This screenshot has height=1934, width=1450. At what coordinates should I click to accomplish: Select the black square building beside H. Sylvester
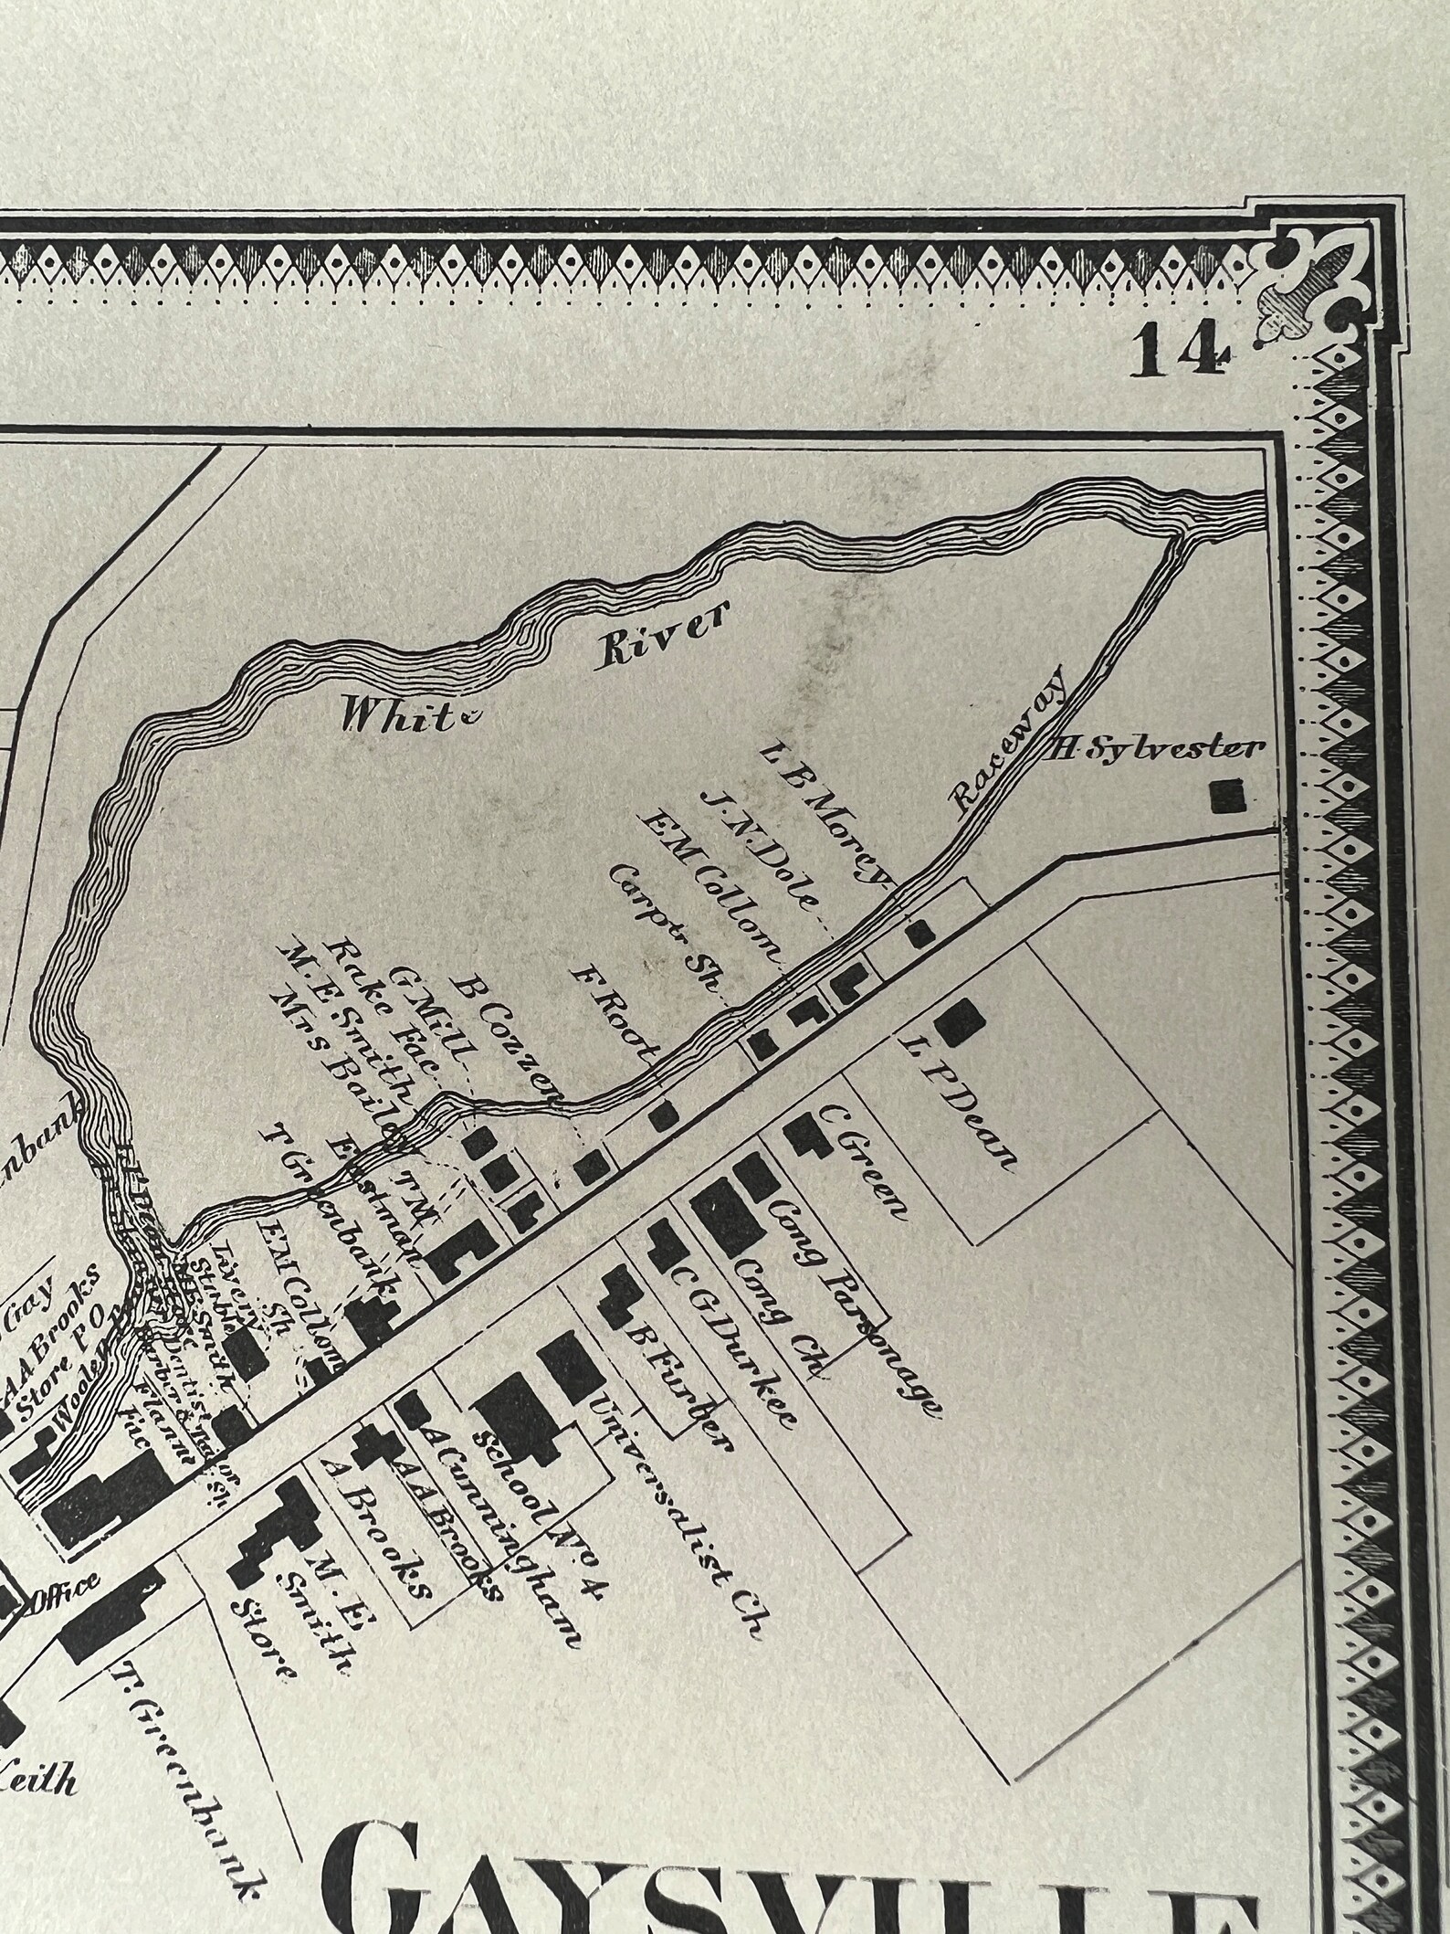[x=1227, y=796]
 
